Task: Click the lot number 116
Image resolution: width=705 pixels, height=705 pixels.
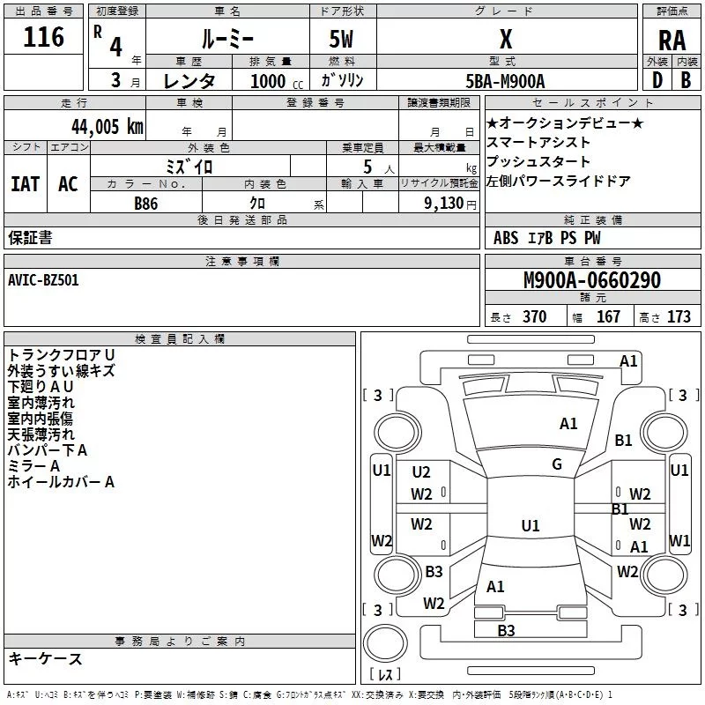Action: [44, 37]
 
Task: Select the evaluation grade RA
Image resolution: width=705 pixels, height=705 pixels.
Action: [672, 40]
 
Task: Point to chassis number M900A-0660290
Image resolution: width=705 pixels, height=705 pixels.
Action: [591, 281]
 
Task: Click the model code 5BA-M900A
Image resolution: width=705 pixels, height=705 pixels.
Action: [505, 81]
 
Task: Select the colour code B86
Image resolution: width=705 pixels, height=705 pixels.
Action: [146, 203]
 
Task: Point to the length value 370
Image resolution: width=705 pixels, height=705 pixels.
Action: [534, 317]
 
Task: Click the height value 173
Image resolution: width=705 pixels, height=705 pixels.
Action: [679, 317]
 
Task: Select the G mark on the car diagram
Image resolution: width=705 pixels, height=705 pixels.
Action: [556, 464]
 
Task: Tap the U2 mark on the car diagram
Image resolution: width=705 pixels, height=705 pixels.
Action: [421, 472]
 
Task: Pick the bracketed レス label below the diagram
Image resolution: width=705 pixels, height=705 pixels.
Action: [384, 674]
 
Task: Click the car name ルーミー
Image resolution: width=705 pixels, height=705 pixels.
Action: [227, 40]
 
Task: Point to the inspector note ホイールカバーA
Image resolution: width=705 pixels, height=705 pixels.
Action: [61, 482]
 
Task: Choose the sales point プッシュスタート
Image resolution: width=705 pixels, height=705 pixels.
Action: [538, 162]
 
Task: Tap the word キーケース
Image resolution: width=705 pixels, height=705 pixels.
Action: [45, 659]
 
